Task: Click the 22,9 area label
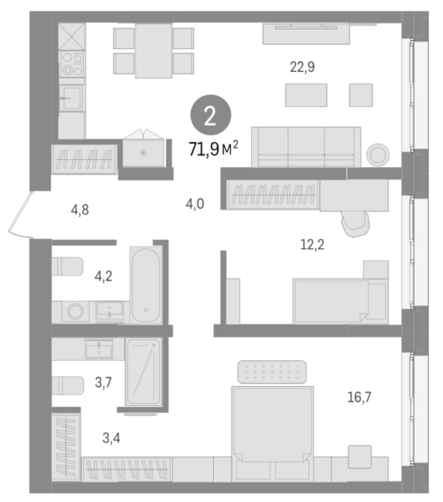(x=302, y=67)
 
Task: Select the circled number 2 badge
(x=211, y=116)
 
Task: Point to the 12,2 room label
(x=312, y=245)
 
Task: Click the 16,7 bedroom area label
(x=360, y=397)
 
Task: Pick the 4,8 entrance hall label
(x=80, y=210)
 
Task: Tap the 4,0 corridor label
(x=195, y=204)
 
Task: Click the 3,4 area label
(x=111, y=438)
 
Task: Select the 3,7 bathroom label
(x=103, y=383)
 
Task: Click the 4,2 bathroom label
(x=104, y=276)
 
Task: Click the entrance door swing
(x=19, y=215)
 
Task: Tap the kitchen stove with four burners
(x=72, y=64)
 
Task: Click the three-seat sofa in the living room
(x=306, y=147)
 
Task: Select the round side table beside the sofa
(x=378, y=155)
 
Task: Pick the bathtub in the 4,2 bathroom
(x=146, y=284)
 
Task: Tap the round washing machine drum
(x=75, y=311)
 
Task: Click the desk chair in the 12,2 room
(x=356, y=224)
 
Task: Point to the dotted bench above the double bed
(x=272, y=372)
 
